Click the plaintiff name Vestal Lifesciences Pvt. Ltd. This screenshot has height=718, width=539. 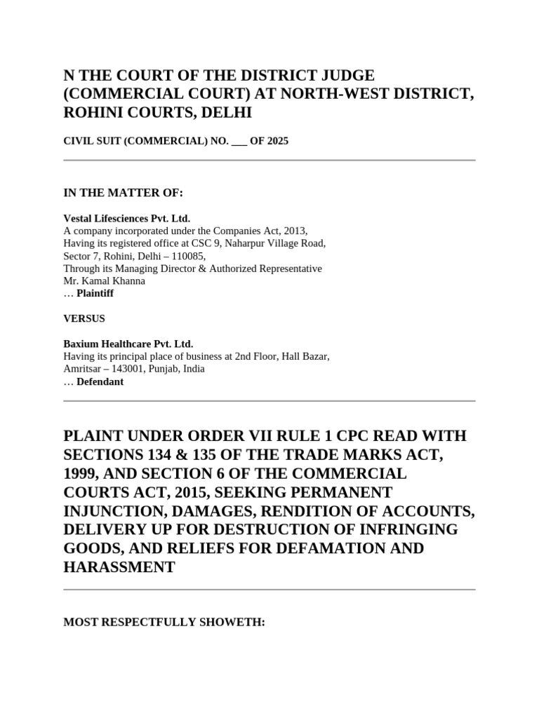(126, 218)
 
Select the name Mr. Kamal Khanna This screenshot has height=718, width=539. (105, 281)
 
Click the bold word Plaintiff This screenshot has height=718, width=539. (95, 294)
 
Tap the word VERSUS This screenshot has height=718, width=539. (84, 318)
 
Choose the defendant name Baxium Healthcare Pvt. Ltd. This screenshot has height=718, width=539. (128, 344)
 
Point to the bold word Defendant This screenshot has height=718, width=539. (100, 381)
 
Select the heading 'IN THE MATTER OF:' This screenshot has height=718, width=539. (124, 193)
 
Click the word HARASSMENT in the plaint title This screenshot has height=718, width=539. (119, 567)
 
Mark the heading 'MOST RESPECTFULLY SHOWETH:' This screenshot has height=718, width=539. (164, 622)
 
